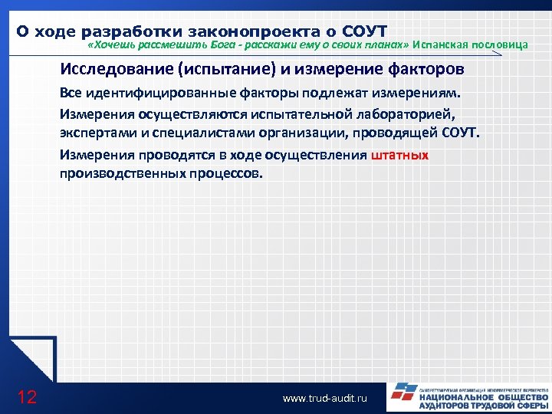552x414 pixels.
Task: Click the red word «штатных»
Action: click(x=399, y=154)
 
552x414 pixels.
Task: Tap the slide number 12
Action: click(x=27, y=396)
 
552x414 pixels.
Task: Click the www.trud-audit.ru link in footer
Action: click(x=325, y=399)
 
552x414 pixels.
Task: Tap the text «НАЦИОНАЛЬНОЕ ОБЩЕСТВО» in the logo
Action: click(x=483, y=398)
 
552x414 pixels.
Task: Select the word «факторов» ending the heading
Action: click(x=432, y=70)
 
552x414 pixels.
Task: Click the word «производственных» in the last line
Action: click(x=117, y=172)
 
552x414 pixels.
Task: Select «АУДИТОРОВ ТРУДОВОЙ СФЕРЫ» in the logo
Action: click(x=483, y=407)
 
